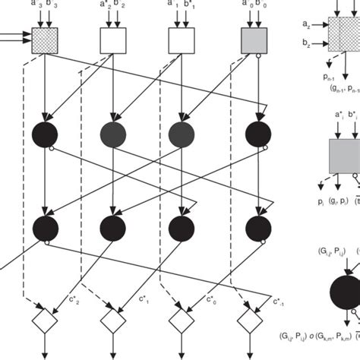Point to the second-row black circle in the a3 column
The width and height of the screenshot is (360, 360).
point(46,226)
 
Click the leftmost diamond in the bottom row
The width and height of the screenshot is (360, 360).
point(46,321)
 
